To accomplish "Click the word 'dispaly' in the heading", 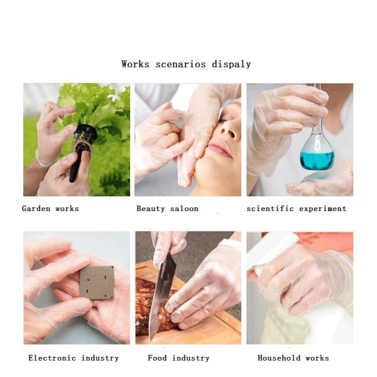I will click(231, 64).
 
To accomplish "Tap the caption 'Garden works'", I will click(50, 208).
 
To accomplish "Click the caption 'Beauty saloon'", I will click(167, 208).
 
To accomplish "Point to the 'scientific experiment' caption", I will click(296, 208).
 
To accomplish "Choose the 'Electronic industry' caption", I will click(74, 358).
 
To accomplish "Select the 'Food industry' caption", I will click(178, 358).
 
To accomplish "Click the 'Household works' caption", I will click(293, 358).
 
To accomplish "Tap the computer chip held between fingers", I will click(97, 282).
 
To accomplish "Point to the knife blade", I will click(161, 295).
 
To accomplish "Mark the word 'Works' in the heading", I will click(135, 64).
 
